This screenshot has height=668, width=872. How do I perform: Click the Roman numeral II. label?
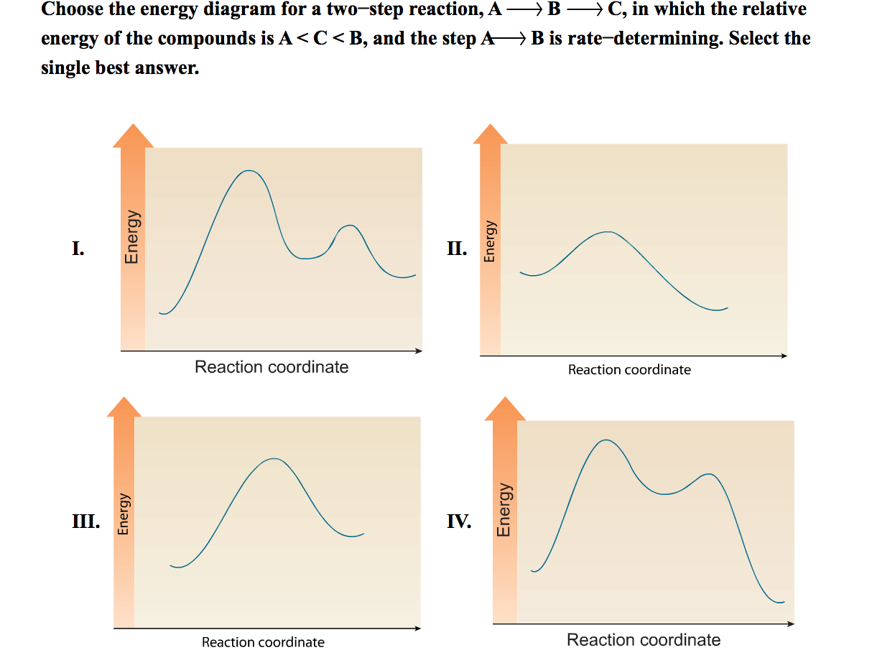click(457, 249)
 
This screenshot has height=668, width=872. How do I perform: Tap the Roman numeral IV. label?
click(459, 521)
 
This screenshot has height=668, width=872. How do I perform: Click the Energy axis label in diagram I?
click(131, 236)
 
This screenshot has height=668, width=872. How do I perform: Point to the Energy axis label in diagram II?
click(490, 241)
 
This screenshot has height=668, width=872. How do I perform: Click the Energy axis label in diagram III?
click(124, 514)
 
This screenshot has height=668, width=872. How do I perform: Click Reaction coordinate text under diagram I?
click(272, 367)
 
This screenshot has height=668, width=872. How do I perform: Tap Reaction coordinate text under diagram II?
click(629, 370)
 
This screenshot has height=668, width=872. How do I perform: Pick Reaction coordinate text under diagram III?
click(263, 642)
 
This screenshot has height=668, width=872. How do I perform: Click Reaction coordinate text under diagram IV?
click(644, 640)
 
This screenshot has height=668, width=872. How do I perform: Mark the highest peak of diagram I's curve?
click(249, 171)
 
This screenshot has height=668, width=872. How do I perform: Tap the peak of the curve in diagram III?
click(274, 458)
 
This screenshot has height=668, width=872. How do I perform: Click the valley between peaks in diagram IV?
click(665, 494)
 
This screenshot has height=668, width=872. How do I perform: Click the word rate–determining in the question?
click(644, 38)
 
